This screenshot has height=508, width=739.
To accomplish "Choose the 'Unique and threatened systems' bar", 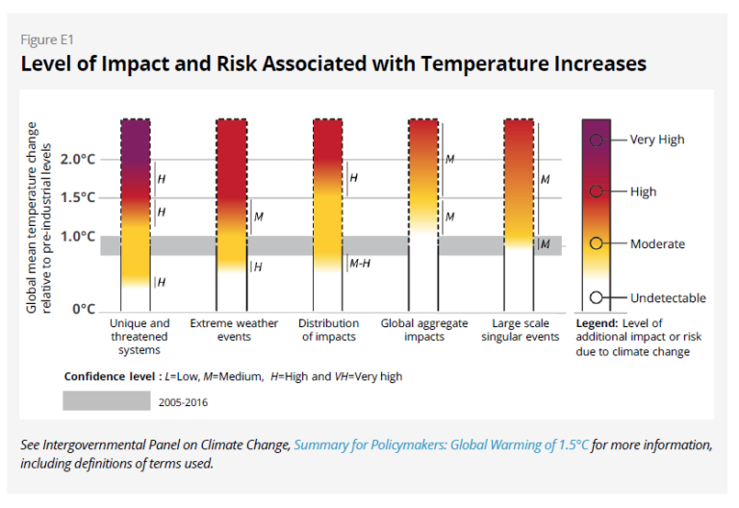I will pyautogui.click(x=136, y=202).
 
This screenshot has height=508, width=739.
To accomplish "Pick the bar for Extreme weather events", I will pyautogui.click(x=232, y=192).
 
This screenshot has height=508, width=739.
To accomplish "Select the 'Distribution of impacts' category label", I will pyautogui.click(x=328, y=330).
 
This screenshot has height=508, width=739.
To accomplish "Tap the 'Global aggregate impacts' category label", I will pyautogui.click(x=424, y=330).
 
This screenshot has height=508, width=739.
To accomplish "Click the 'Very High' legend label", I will pyautogui.click(x=657, y=140).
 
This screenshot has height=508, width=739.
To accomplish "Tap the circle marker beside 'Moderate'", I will pyautogui.click(x=597, y=244).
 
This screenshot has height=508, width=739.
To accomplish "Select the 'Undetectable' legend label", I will pyautogui.click(x=668, y=298).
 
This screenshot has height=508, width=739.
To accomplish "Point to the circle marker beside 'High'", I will pyautogui.click(x=597, y=191).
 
